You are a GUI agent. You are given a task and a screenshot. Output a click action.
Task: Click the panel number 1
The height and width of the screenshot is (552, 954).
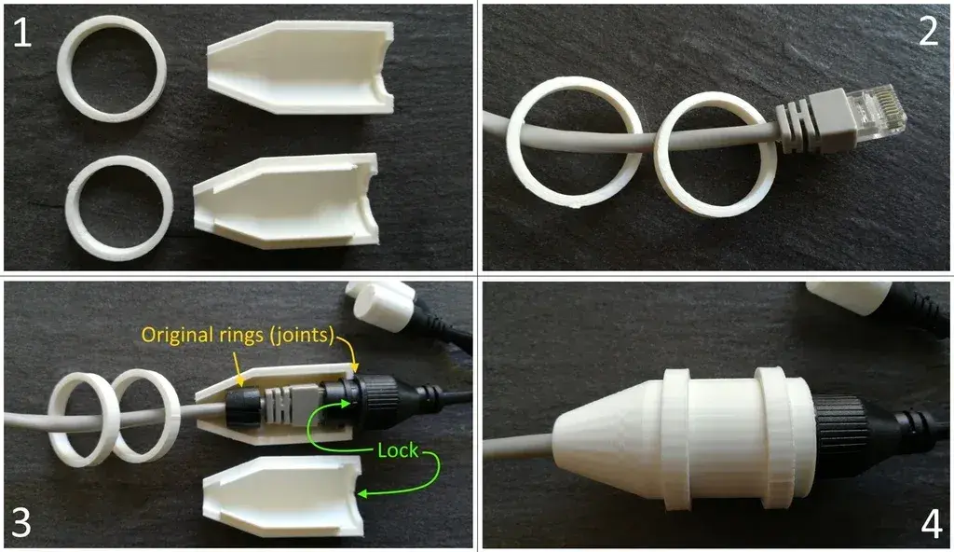22,33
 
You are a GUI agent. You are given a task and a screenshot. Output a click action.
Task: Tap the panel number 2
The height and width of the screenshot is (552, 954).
929,31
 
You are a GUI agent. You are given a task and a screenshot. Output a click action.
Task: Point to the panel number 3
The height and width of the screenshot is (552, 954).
21,523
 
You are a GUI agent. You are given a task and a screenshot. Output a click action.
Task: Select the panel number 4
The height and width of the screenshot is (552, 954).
932,524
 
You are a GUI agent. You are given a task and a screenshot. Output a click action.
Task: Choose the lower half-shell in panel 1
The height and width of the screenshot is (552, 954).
285,201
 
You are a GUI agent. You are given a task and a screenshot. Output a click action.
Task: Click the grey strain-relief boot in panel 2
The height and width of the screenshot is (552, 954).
798,126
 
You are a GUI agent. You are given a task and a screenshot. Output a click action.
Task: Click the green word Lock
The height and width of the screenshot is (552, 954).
398,450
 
